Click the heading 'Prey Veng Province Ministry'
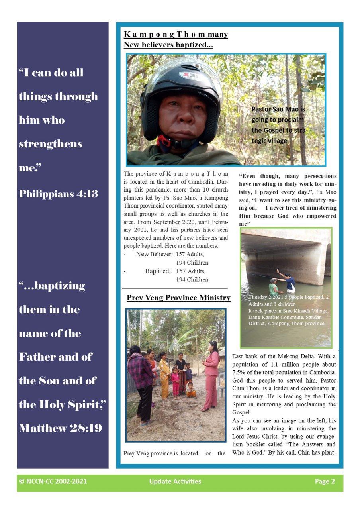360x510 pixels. click(x=178, y=298)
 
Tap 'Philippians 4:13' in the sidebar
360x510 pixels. click(x=58, y=194)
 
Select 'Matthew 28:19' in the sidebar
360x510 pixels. click(x=60, y=428)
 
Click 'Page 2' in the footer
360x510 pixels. click(x=325, y=481)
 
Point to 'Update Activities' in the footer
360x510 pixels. click(x=175, y=481)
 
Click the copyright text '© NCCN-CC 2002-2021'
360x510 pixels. click(x=53, y=481)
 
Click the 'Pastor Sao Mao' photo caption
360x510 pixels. click(x=278, y=125)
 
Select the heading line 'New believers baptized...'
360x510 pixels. click(x=168, y=45)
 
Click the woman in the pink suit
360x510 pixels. click(x=211, y=375)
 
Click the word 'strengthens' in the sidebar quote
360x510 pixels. click(x=51, y=144)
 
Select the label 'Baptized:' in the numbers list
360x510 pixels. click(x=158, y=271)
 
